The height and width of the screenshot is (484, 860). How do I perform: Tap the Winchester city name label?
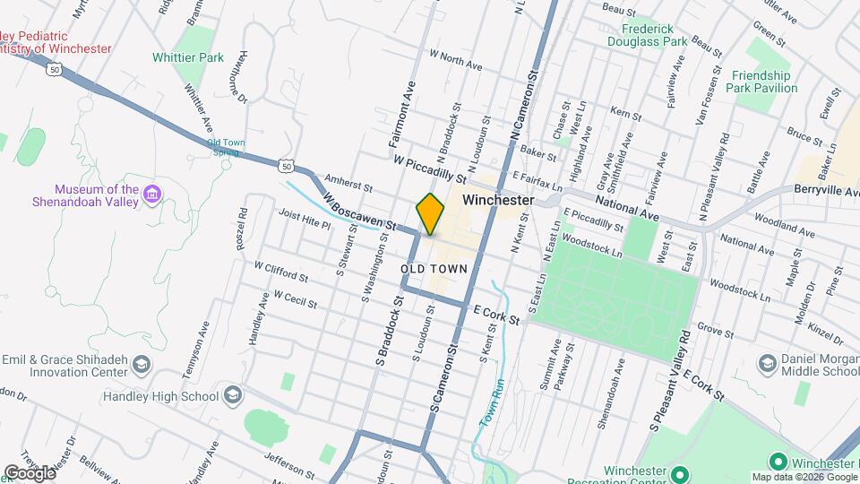498,201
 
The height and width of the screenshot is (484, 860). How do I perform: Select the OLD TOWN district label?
430,269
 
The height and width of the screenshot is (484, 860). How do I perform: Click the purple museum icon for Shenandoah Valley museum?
152,194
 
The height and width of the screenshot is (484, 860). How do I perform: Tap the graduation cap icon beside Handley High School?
232,396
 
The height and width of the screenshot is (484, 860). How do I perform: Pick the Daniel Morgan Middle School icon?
767,363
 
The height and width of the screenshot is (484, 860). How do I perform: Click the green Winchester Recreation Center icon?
679,474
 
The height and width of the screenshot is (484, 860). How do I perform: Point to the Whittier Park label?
199,57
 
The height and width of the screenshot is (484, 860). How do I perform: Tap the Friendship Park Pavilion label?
763,82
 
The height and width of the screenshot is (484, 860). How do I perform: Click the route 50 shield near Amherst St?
285,166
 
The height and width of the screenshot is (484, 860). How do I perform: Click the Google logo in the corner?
29,472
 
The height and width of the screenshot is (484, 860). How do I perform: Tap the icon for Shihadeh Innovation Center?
142,365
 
